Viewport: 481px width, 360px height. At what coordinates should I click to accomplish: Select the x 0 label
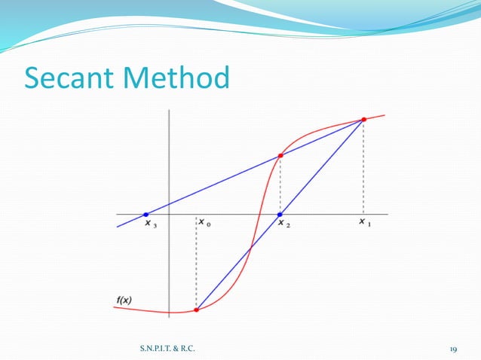[x=205, y=223]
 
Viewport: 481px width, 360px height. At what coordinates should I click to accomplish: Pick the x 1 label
[x=366, y=223]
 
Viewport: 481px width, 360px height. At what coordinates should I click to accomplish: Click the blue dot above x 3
[x=146, y=214]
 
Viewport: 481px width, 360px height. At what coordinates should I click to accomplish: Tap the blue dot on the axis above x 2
[x=280, y=214]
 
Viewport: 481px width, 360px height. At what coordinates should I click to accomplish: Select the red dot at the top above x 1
[x=363, y=119]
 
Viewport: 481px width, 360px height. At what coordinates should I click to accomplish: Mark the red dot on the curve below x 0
[x=197, y=309]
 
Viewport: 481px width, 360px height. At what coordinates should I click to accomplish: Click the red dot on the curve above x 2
[x=280, y=156]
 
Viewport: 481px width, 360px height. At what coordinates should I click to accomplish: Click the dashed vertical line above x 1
[x=363, y=166]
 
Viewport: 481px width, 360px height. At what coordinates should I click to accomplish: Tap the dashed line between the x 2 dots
[x=280, y=185]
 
